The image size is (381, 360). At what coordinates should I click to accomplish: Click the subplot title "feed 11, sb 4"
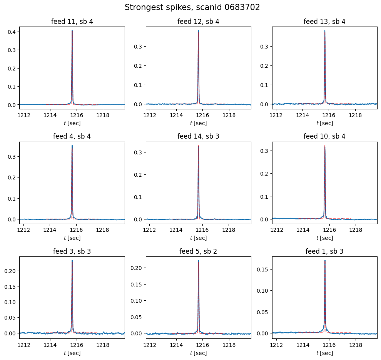(72, 22)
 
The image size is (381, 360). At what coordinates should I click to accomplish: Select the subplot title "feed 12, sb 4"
(198, 22)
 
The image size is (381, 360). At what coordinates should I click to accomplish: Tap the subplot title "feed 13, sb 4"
(324, 22)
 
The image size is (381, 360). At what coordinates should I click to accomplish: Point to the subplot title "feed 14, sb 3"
(198, 136)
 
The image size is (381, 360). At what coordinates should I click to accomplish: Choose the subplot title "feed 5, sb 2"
(198, 251)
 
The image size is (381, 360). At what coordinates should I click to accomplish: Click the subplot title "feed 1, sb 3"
(324, 251)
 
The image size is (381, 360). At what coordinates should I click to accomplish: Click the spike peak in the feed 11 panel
(72, 31)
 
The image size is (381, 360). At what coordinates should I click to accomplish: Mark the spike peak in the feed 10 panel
(325, 146)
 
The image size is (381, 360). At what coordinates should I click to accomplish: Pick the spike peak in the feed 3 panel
(72, 261)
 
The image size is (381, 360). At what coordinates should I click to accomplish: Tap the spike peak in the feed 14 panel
(198, 146)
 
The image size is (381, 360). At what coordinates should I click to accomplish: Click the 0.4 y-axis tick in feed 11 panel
(12, 32)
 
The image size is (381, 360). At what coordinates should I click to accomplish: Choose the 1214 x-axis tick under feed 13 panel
(302, 115)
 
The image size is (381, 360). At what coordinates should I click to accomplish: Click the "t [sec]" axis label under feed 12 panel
(198, 123)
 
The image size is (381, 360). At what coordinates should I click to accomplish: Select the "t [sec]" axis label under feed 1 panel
(324, 353)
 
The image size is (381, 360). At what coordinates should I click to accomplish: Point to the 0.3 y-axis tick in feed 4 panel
(12, 156)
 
